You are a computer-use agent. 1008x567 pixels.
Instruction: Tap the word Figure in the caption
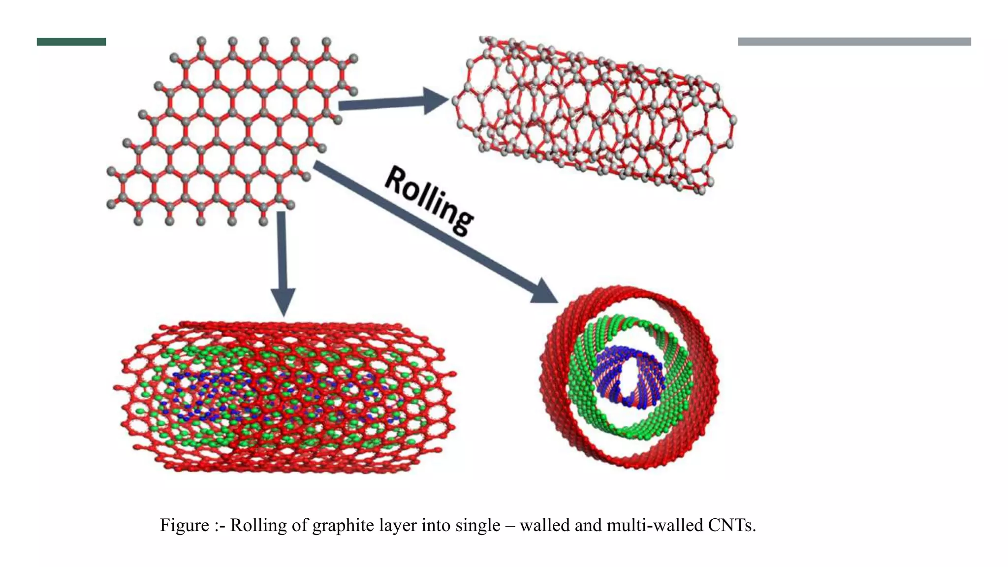point(184,526)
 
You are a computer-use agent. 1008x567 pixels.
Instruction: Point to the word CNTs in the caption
point(731,526)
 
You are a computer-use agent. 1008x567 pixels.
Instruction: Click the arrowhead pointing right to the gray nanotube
point(435,101)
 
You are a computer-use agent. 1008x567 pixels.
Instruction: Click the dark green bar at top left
point(71,42)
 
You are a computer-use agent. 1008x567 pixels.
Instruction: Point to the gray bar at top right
point(854,42)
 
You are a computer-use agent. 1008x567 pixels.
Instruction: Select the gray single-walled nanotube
point(593,113)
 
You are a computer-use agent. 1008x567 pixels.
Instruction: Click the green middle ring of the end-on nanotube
point(581,384)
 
